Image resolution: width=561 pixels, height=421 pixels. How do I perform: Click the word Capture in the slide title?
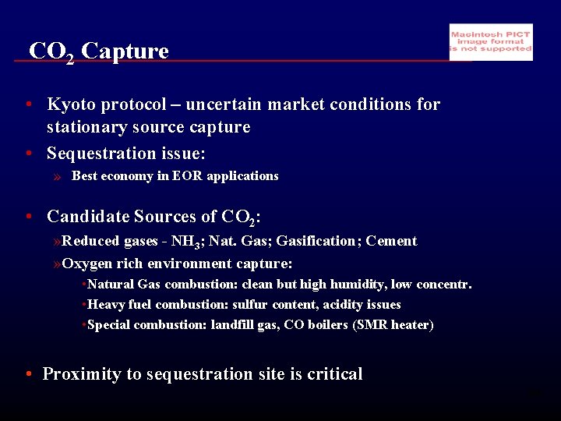(x=125, y=51)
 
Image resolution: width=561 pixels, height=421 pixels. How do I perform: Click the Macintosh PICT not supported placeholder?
(x=491, y=42)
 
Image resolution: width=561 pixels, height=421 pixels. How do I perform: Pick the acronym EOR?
(x=188, y=176)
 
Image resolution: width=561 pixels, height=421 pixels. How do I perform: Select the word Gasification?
(x=318, y=241)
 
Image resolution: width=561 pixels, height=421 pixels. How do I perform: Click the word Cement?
(x=391, y=241)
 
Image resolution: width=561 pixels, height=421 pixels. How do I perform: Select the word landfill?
(x=235, y=325)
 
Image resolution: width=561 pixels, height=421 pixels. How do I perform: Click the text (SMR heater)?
(x=393, y=325)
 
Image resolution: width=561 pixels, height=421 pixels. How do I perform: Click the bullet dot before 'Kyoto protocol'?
(x=28, y=104)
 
